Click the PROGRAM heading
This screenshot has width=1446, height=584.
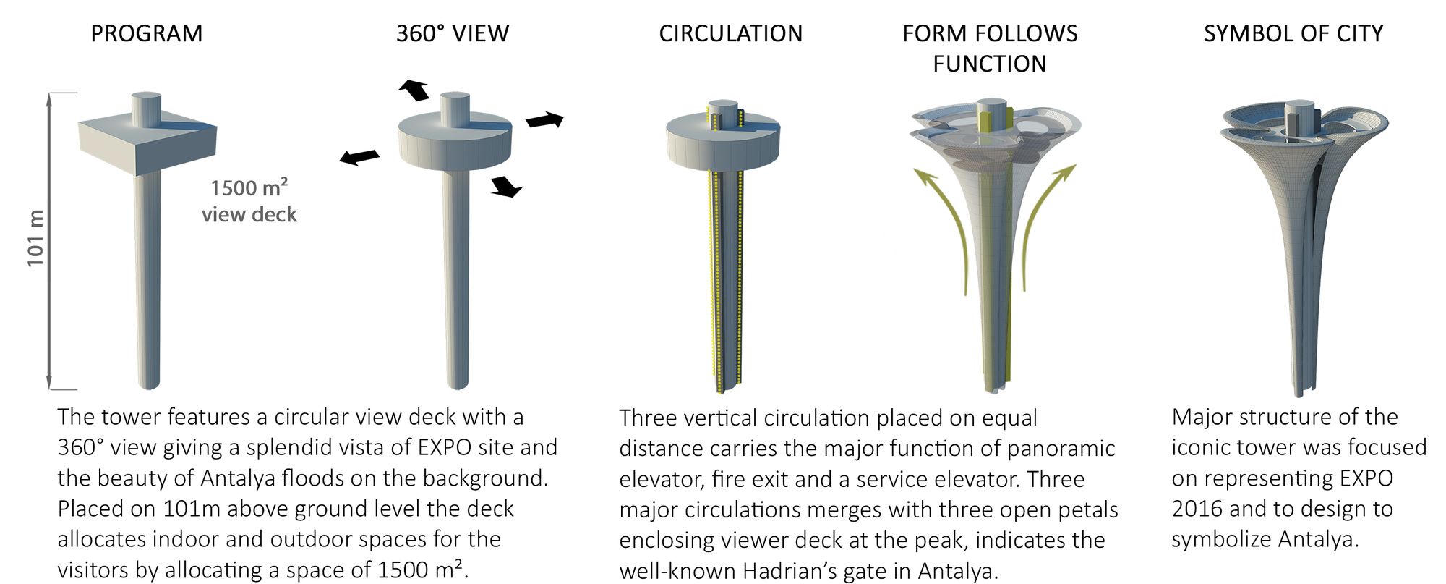[x=146, y=33]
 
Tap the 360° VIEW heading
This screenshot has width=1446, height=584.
[x=453, y=33]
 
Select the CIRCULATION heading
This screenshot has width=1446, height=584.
[x=730, y=33]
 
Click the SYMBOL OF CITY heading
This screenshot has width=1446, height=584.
[x=1293, y=33]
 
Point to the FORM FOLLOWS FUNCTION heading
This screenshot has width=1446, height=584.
[x=990, y=48]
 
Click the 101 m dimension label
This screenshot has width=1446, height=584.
[x=36, y=238]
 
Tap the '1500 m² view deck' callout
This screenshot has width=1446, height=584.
[x=249, y=201]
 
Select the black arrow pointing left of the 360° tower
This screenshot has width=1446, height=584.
[x=359, y=157]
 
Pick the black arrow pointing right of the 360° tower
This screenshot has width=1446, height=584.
[x=545, y=120]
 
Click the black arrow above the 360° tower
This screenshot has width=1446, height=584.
[x=414, y=90]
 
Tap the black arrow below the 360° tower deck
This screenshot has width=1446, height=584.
[x=506, y=187]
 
